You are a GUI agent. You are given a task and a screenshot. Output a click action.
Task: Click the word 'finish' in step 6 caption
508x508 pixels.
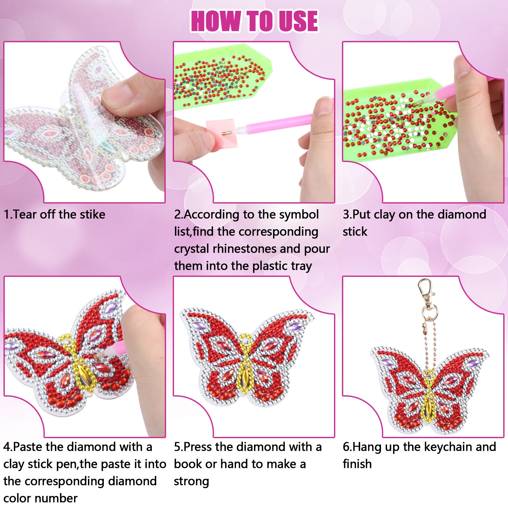[357, 464]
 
